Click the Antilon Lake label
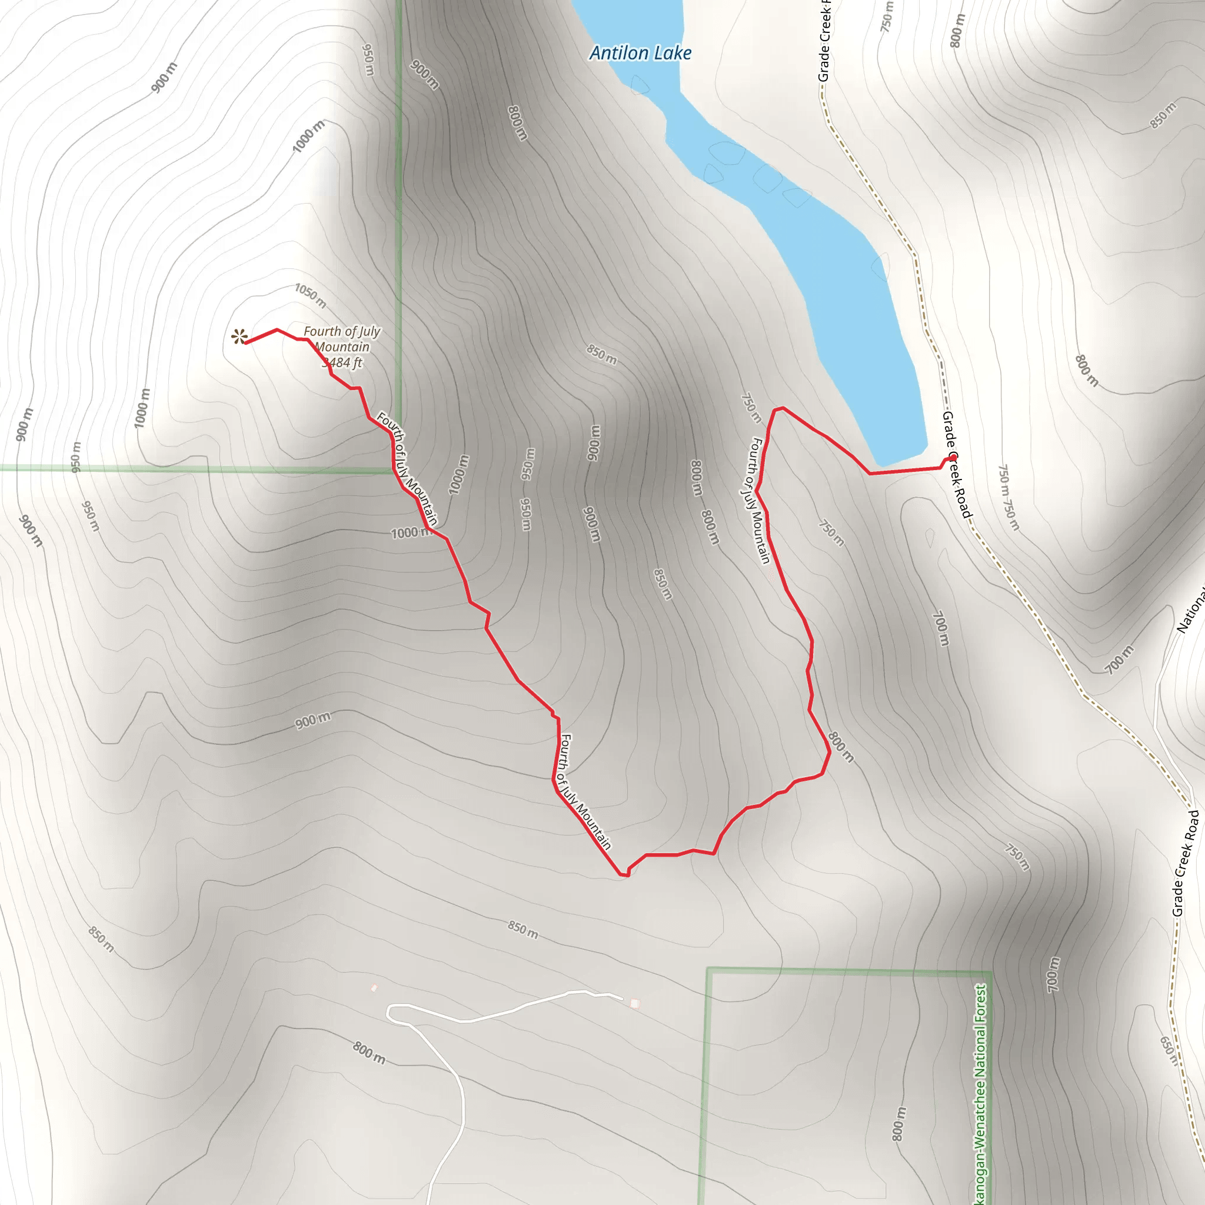(x=640, y=53)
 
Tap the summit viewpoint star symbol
(x=238, y=337)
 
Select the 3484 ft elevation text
(x=342, y=362)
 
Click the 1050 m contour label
(x=311, y=295)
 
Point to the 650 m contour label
(x=1168, y=1050)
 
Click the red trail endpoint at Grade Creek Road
(x=951, y=459)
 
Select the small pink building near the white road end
(x=634, y=1004)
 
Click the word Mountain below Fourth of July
(x=342, y=347)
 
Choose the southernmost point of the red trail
(x=624, y=875)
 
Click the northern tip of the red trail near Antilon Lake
(x=779, y=409)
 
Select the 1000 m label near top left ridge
(x=309, y=136)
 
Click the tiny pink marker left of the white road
(x=374, y=987)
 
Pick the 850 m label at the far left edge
(x=101, y=939)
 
